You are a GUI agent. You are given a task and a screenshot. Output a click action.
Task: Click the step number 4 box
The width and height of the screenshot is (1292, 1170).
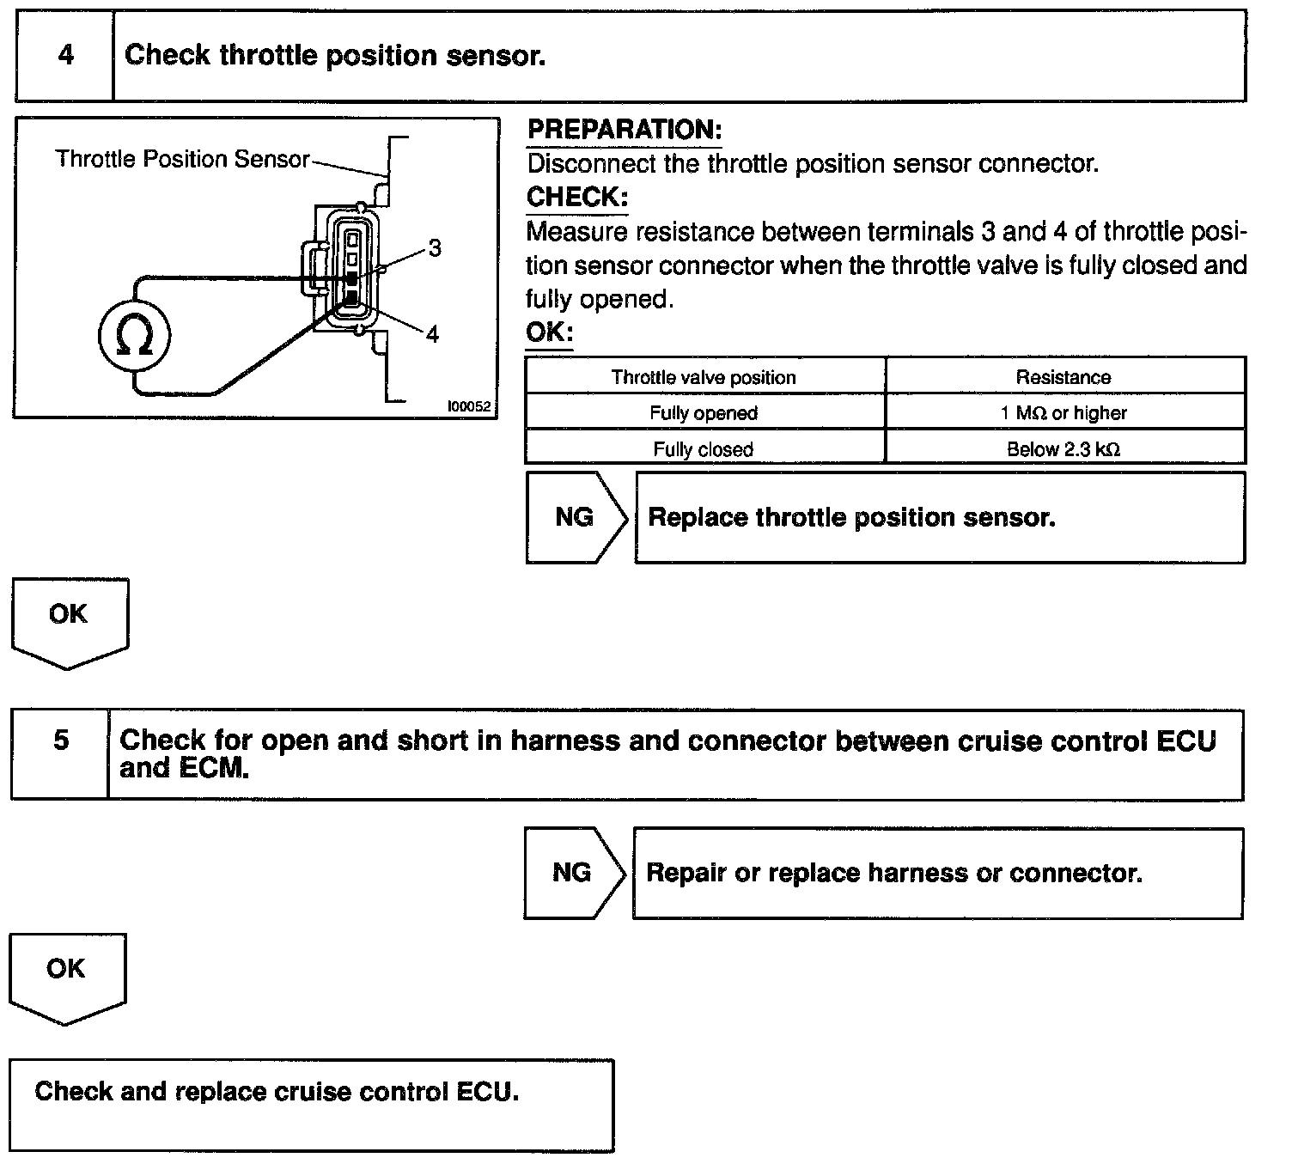coord(65,56)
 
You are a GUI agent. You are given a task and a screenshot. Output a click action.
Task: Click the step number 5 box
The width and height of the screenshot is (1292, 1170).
coord(60,740)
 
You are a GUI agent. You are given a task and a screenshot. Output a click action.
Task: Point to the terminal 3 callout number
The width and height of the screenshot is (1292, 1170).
coord(435,248)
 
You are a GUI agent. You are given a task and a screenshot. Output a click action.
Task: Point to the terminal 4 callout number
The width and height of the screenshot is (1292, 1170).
coord(432,334)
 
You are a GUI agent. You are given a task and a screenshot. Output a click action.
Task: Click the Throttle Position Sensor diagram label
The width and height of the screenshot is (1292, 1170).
coord(182,159)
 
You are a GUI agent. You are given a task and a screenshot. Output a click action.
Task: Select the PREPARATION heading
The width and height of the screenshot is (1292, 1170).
coord(624,130)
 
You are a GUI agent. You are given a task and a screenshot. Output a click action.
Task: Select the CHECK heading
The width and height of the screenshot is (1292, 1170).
coord(577,197)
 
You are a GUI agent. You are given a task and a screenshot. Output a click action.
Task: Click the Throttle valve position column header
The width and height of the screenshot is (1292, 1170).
coord(704,377)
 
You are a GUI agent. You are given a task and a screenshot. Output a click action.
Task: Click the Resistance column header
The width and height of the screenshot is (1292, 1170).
coord(1063,377)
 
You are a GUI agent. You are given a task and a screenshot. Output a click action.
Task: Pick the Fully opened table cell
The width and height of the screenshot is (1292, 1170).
coord(704,413)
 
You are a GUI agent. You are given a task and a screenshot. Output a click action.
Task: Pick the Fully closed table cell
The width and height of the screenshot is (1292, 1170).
coord(704,449)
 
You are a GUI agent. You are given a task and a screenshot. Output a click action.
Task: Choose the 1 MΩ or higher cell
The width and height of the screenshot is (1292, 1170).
coord(1063,413)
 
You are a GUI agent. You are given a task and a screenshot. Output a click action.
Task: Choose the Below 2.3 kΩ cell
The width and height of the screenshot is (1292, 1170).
coord(1063,449)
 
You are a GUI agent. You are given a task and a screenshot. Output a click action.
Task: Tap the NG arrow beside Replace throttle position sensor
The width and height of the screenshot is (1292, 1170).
coord(575,517)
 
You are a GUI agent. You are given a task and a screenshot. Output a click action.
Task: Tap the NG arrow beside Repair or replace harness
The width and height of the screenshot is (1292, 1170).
coord(572,873)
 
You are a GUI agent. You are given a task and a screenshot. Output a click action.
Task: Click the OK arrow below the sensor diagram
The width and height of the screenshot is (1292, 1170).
coord(69,619)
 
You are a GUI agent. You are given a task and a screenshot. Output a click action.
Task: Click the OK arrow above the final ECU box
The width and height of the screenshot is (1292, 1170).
coord(66,973)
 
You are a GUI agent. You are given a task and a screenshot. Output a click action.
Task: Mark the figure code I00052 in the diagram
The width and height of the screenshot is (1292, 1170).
coord(469,407)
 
